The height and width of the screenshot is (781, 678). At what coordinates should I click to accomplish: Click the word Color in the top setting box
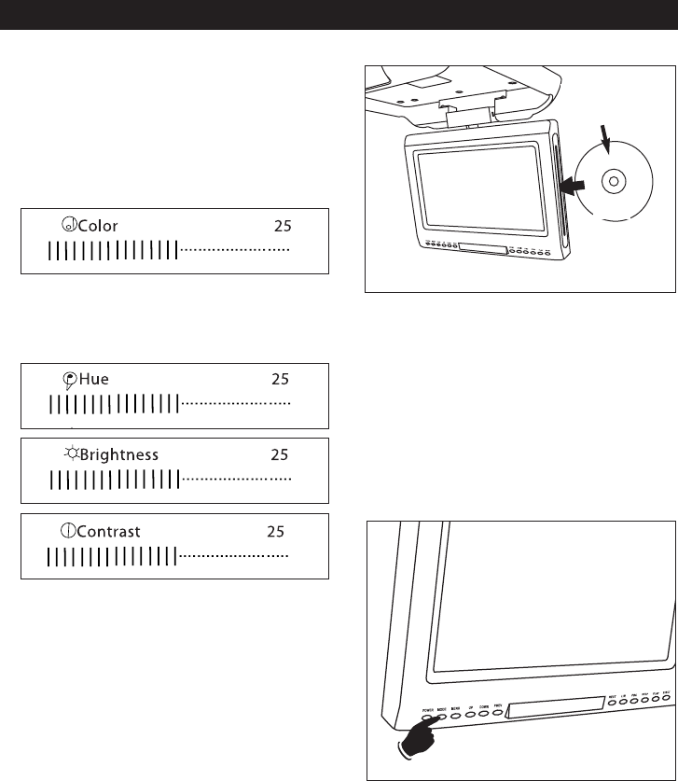tap(98, 225)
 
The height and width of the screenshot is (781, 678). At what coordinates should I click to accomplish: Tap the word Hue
tap(94, 379)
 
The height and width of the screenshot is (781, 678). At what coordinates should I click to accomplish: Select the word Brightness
tap(119, 455)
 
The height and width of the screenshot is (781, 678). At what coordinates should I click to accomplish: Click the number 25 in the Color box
tap(283, 225)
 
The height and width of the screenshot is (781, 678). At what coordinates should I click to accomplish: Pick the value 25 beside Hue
tap(280, 379)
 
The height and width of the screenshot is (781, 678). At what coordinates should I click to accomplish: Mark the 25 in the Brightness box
tap(280, 455)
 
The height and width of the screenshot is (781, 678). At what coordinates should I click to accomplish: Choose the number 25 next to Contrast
tap(275, 532)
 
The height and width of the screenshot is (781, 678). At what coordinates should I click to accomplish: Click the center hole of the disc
tap(612, 182)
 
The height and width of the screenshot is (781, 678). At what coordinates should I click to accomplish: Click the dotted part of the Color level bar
tap(234, 250)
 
